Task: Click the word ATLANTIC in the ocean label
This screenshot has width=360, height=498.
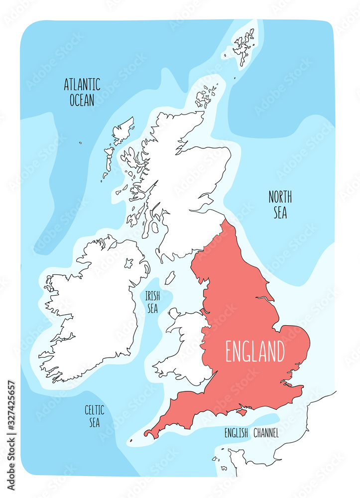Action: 82,85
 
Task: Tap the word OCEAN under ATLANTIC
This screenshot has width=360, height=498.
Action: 82,100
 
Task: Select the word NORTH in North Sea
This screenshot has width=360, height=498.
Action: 280,197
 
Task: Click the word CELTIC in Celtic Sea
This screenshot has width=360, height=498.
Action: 94,410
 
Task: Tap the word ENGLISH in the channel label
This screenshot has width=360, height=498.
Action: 236,433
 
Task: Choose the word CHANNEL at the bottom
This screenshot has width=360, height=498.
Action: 266,433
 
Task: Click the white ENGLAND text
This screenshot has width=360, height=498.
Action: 255,352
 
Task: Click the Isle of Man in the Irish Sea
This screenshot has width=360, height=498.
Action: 170,278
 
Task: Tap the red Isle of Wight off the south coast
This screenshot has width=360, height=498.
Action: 242,412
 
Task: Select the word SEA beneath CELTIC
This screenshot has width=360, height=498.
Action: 94,422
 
